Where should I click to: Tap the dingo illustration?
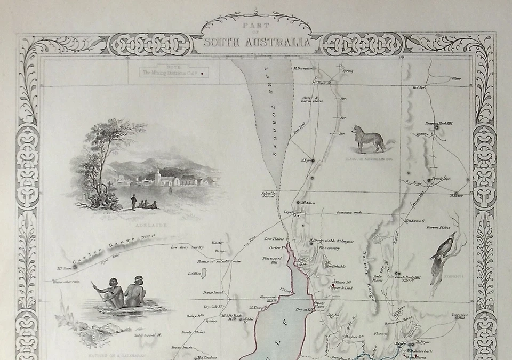[x=368, y=139]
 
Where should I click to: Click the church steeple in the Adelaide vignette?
[x=157, y=173]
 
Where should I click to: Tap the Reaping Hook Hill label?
[x=438, y=123]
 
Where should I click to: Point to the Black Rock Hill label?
[x=411, y=279]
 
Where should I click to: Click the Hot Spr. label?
[x=418, y=87]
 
